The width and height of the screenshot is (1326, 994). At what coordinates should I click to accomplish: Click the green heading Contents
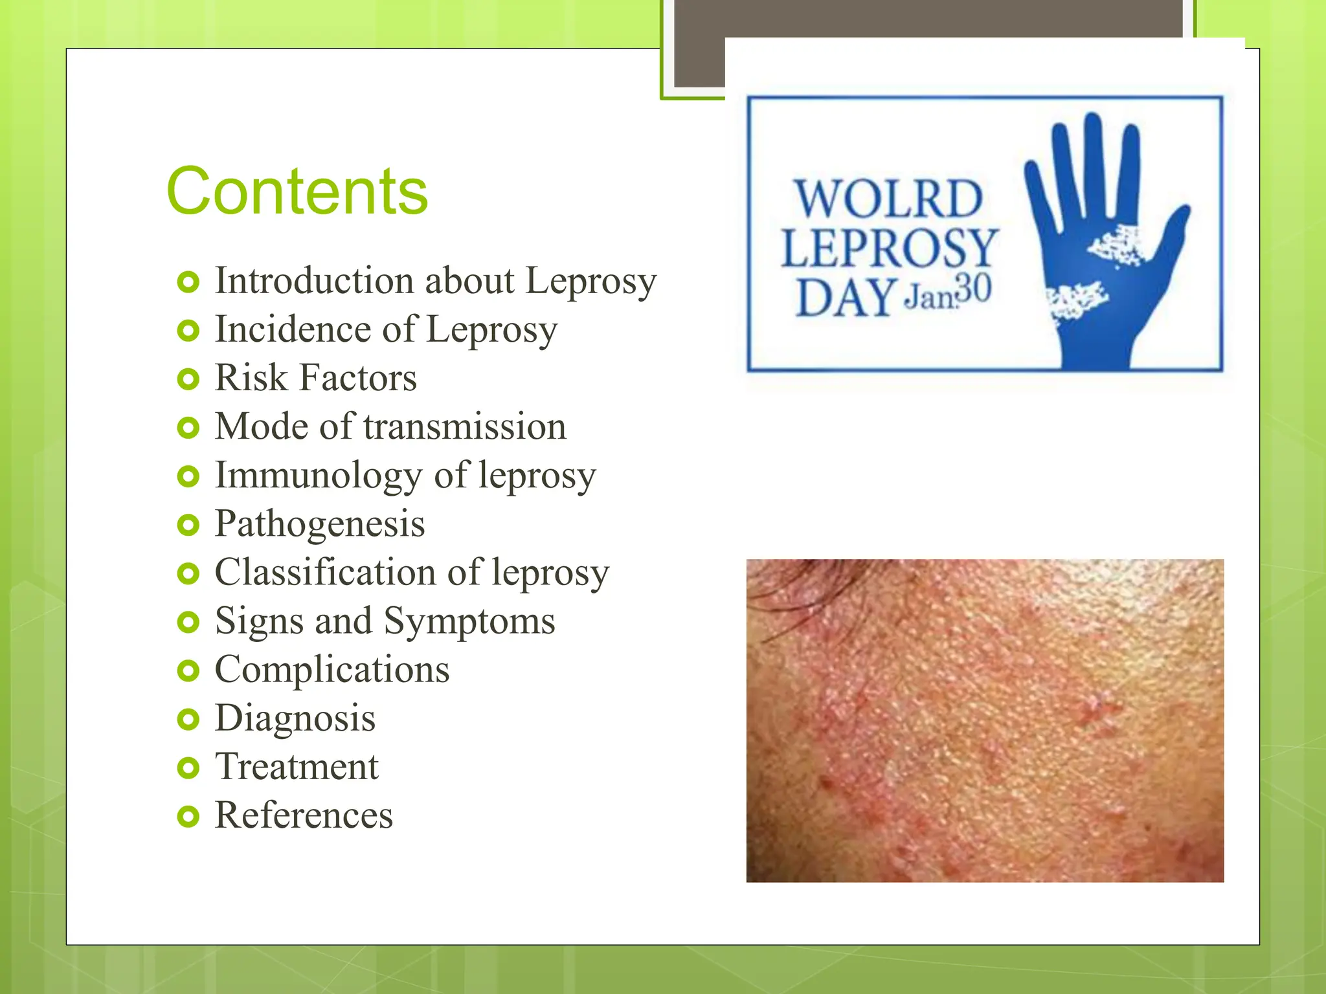(297, 192)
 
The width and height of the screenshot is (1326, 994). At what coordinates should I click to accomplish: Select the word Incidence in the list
(292, 329)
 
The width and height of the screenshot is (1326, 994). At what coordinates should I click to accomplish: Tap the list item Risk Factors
(315, 378)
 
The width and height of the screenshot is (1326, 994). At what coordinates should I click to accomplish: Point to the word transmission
(465, 427)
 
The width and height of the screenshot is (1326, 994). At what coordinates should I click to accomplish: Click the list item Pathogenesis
(320, 524)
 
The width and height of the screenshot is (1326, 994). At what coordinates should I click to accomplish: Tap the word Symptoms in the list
(469, 621)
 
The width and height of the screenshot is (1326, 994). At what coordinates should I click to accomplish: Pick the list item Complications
(331, 670)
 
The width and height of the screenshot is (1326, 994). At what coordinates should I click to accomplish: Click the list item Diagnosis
(295, 718)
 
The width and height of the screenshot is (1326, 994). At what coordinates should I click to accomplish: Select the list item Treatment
(297, 767)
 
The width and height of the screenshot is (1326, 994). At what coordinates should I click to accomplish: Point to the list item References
(304, 815)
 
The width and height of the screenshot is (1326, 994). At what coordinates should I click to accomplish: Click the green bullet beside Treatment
(188, 768)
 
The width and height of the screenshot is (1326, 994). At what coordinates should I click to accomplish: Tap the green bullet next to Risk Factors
(188, 379)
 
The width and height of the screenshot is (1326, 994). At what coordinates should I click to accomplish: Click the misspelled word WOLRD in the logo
(889, 199)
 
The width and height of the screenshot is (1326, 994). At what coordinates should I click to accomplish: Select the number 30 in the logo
(973, 290)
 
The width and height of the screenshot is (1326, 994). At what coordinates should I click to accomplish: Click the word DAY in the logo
(846, 298)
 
